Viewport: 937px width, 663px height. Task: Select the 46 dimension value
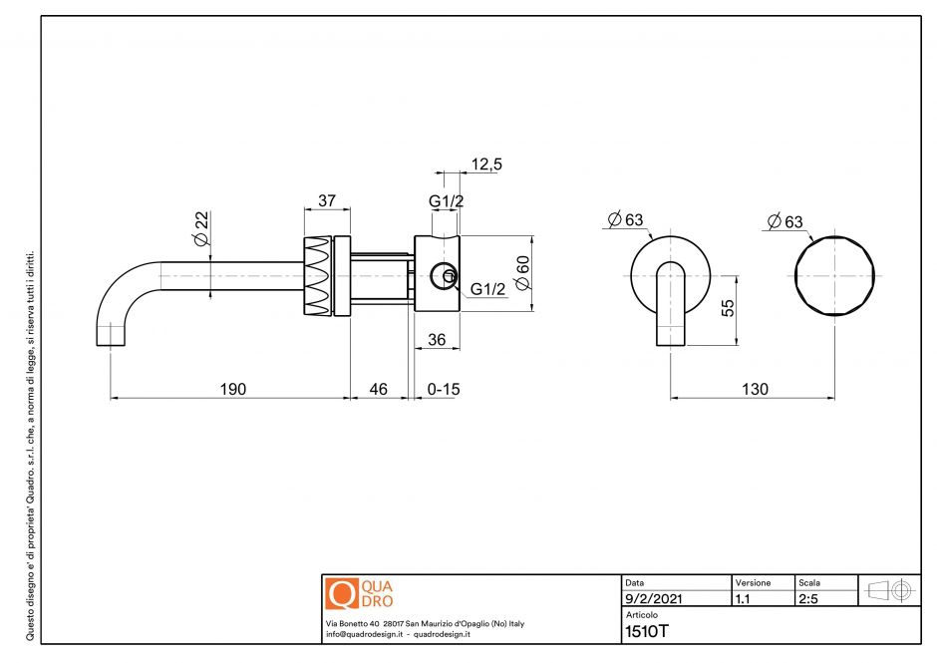point(379,389)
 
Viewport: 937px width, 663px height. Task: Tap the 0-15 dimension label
point(444,389)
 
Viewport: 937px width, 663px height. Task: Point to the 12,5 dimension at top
point(485,165)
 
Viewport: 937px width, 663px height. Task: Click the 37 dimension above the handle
point(326,200)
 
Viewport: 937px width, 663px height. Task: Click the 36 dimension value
point(436,339)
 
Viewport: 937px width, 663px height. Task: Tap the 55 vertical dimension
point(728,307)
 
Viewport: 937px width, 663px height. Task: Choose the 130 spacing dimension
point(755,389)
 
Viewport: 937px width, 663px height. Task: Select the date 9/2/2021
point(653,600)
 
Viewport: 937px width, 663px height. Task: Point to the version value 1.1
point(743,600)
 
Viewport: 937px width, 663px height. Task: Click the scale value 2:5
point(809,600)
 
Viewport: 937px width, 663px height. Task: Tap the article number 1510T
point(646,631)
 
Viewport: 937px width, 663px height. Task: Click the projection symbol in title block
point(889,589)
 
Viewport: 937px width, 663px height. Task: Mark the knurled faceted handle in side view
point(316,276)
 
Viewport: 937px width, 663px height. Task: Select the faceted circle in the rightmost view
point(835,275)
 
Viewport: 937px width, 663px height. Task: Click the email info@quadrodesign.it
point(363,634)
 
